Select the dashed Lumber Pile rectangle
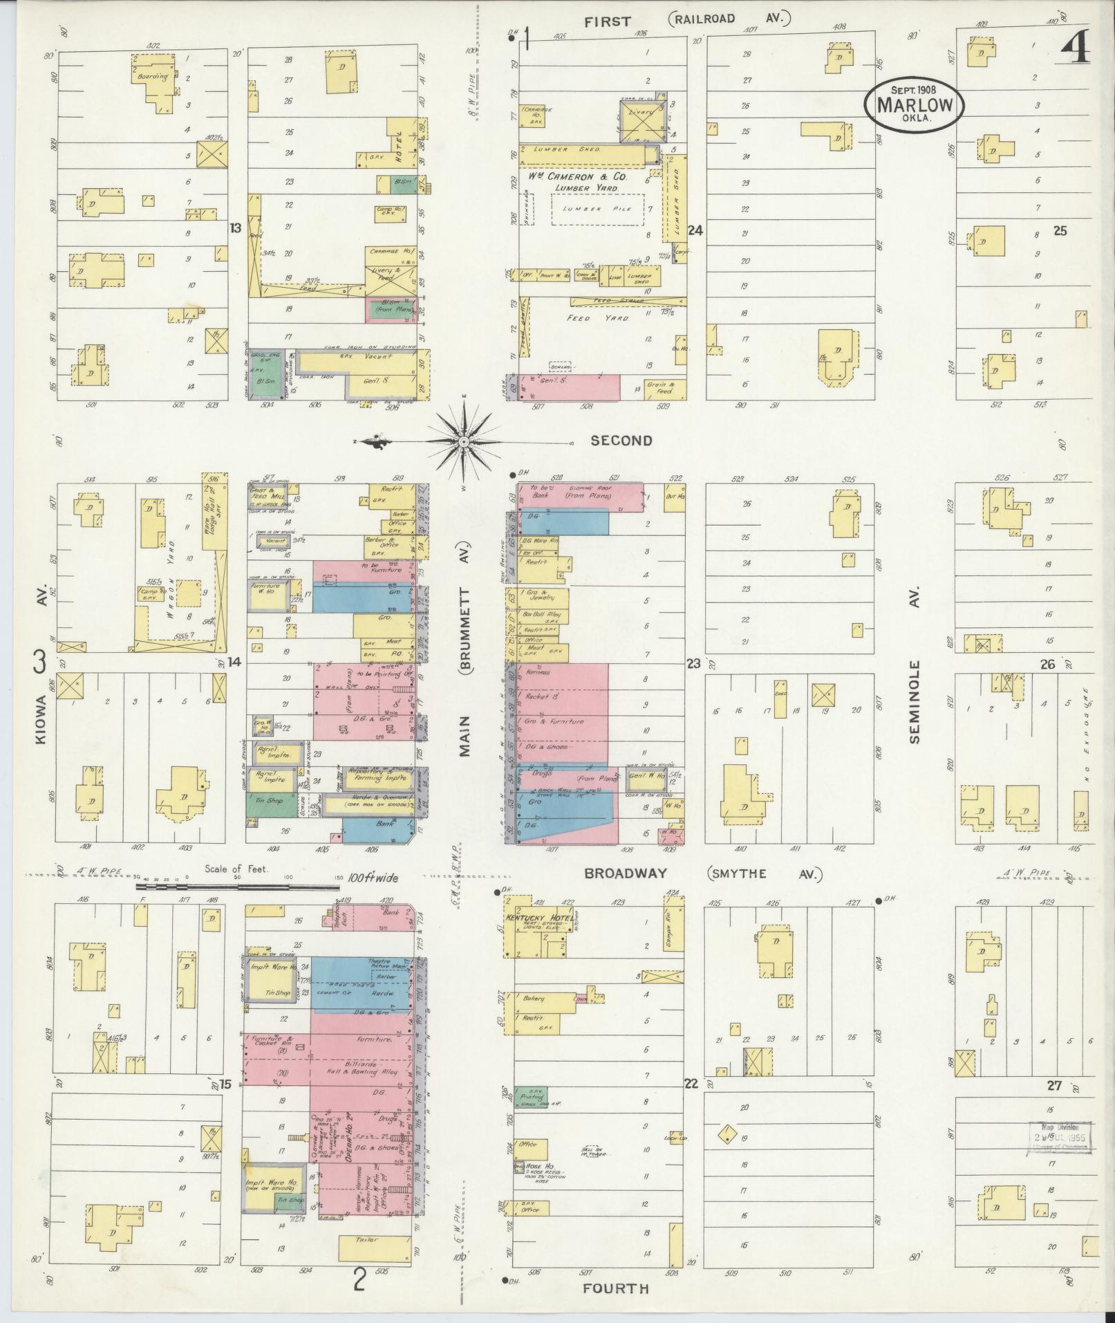[x=597, y=209]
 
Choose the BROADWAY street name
[x=626, y=873]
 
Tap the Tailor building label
[x=367, y=1239]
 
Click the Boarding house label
[x=154, y=77]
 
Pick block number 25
[x=1060, y=231]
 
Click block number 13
[x=236, y=228]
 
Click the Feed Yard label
[x=607, y=317]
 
